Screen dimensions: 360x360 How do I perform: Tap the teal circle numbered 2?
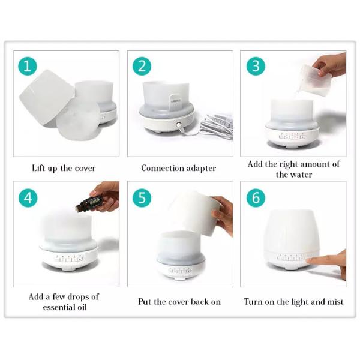[142, 65]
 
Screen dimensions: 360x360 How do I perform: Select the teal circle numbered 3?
[255, 65]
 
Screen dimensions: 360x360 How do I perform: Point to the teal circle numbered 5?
[142, 197]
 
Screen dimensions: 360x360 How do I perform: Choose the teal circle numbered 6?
[255, 197]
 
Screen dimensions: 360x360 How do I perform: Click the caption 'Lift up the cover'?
[64, 168]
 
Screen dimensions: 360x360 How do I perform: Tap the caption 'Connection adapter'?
[178, 168]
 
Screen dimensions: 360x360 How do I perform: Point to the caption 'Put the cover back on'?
[179, 301]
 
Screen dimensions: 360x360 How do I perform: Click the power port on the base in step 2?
[178, 127]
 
